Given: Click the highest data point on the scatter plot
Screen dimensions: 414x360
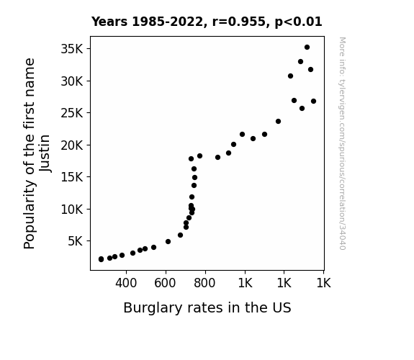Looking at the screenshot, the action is click(x=307, y=48).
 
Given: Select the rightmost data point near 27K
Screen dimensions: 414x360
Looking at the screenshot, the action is click(x=313, y=101).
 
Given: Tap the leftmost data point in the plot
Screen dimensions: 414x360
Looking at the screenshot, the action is click(x=101, y=259).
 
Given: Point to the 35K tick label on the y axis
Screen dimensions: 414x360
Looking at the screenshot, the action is click(x=72, y=49).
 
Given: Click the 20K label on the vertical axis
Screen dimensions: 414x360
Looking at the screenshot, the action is click(x=72, y=145).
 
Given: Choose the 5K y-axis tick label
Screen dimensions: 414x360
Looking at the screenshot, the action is click(x=76, y=241).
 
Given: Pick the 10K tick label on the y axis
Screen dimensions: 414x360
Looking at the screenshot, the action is click(x=72, y=210).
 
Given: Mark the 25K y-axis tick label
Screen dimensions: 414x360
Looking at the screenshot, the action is click(x=72, y=113).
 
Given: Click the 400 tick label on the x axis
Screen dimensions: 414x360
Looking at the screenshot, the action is click(x=126, y=283).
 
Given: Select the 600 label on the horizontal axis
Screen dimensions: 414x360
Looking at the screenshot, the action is click(x=165, y=283).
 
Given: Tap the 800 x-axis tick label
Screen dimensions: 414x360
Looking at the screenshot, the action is click(x=204, y=283).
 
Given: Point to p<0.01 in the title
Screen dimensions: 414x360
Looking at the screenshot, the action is click(x=298, y=22).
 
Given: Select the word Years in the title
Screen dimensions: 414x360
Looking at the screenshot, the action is click(x=109, y=22).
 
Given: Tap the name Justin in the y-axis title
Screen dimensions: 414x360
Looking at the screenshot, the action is click(x=45, y=153).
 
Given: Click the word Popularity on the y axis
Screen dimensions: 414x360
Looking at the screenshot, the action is click(x=29, y=215).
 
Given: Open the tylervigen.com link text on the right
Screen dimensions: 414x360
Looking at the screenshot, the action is click(x=342, y=143).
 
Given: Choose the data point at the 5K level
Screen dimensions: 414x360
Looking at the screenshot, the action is click(x=168, y=241).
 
